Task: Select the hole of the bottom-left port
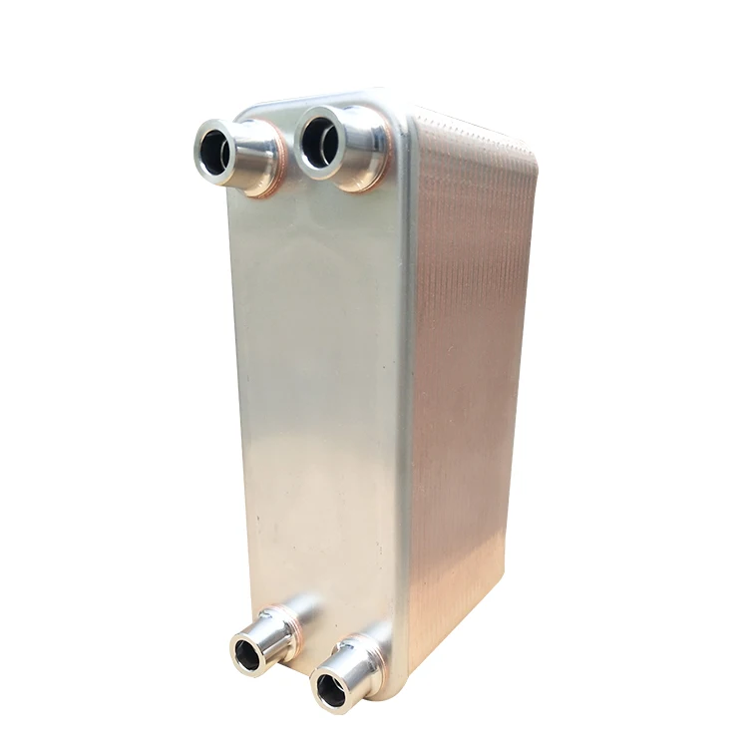[246, 654]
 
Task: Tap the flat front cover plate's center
[319, 399]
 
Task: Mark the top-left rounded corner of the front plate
[243, 110]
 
